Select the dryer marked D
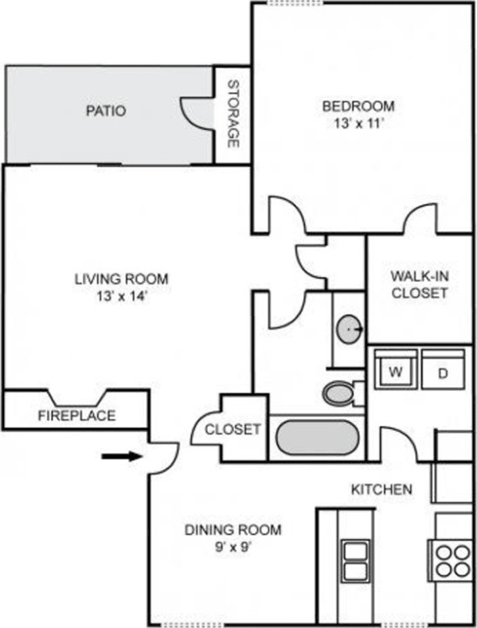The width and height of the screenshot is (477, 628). [442, 373]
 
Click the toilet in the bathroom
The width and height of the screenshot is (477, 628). [340, 392]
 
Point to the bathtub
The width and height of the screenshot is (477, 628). [316, 437]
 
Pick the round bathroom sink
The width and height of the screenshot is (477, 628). [349, 328]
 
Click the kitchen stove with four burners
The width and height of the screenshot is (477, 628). [452, 558]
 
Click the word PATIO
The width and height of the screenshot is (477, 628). [106, 111]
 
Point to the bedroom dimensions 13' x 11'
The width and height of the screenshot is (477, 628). [358, 124]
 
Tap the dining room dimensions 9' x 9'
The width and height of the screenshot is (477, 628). [233, 548]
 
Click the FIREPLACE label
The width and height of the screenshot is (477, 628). [77, 415]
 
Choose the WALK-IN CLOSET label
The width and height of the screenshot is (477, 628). [419, 285]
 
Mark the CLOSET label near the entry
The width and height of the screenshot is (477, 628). [233, 429]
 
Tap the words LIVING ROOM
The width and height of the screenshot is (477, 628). [121, 279]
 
